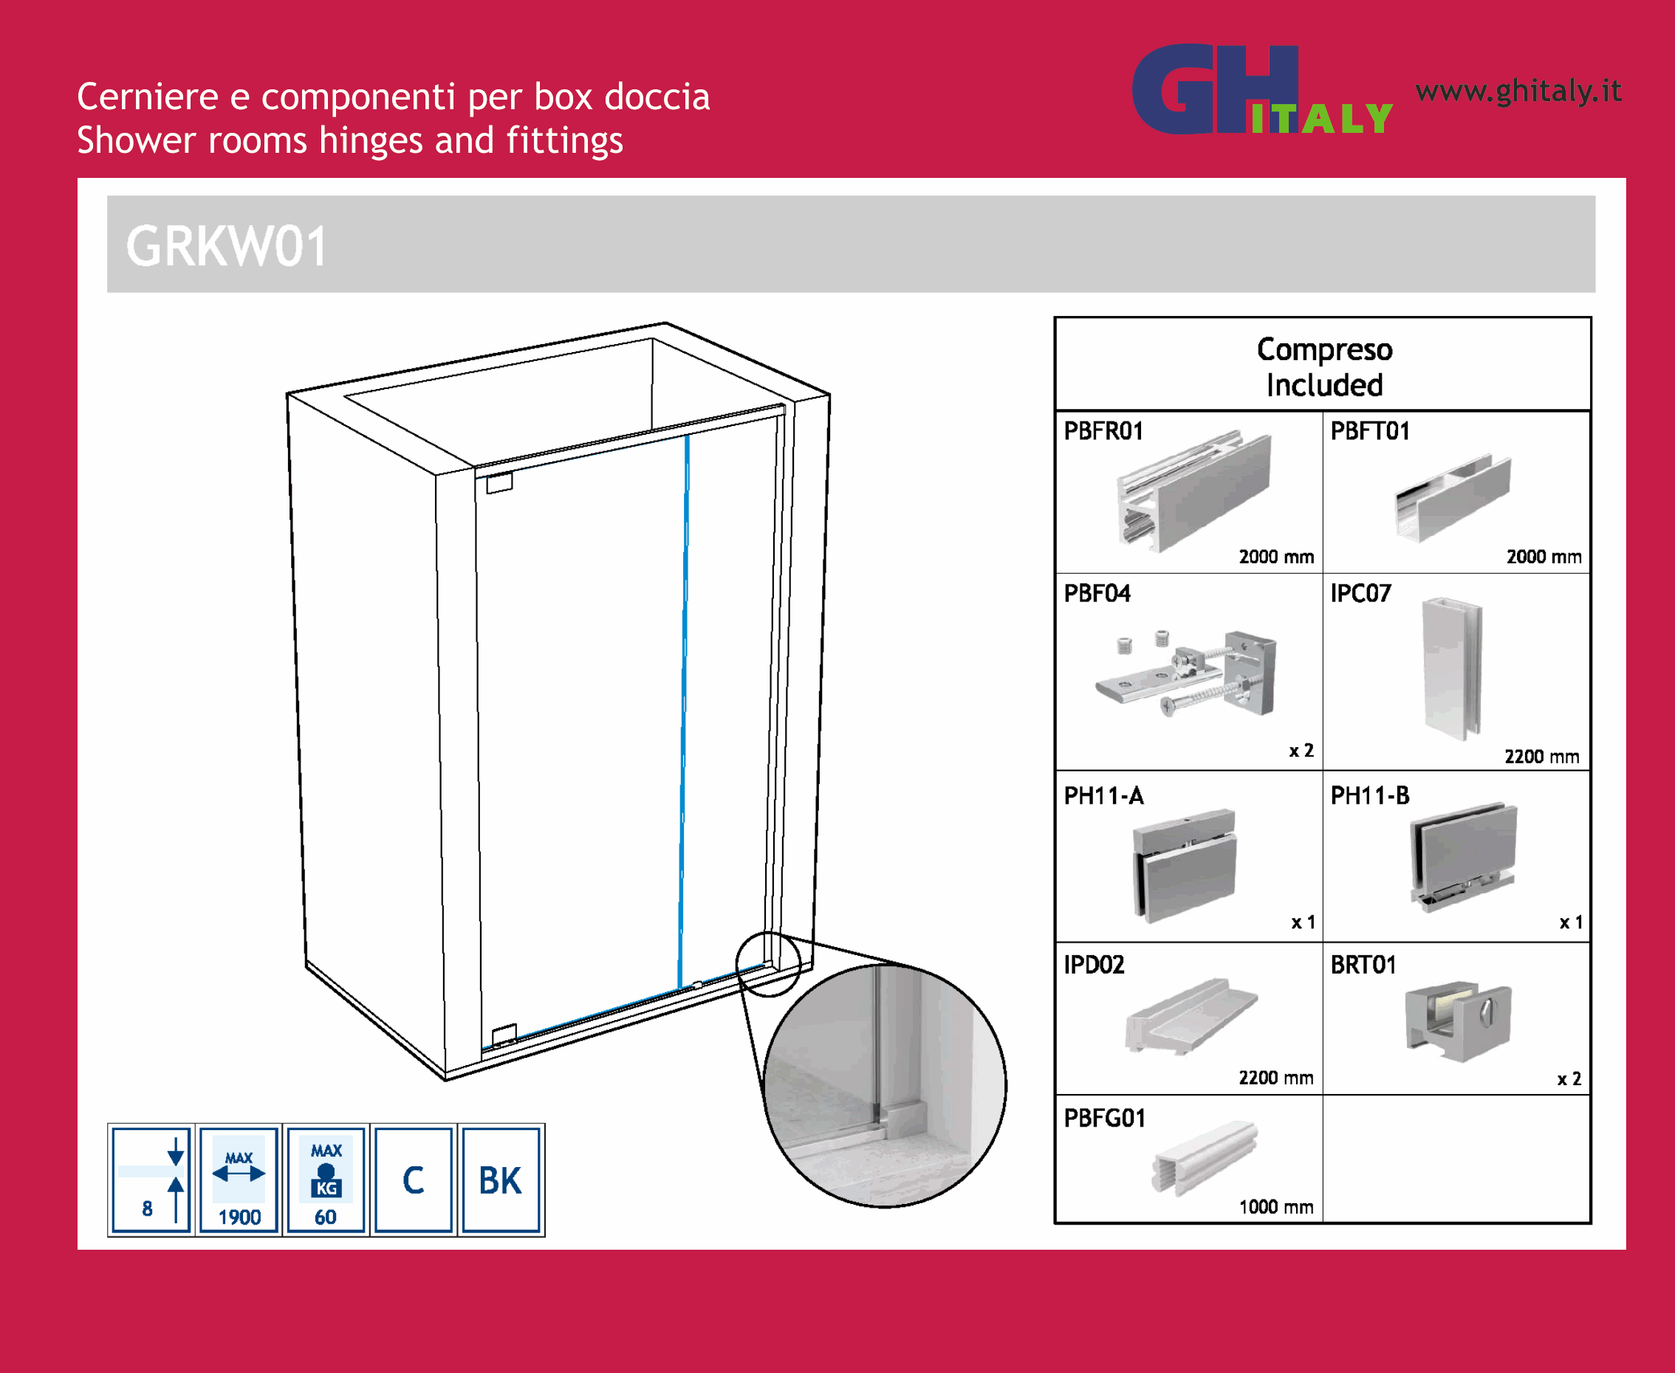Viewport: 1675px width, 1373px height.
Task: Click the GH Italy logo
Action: [x=1262, y=89]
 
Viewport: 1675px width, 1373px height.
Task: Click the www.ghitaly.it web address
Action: [x=1518, y=91]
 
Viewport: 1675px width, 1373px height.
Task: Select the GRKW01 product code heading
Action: [x=226, y=246]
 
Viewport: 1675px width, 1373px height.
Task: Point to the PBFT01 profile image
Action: [x=1452, y=498]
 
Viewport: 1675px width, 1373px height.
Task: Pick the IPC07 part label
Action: [x=1360, y=593]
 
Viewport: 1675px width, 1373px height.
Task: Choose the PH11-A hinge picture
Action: [x=1185, y=865]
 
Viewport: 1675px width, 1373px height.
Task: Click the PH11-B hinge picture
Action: [x=1463, y=856]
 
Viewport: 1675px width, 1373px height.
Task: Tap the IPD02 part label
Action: [x=1094, y=965]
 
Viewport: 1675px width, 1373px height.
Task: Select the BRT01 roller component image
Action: [x=1458, y=1022]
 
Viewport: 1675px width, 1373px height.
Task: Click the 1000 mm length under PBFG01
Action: [x=1276, y=1207]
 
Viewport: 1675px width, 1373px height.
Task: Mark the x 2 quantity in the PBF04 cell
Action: [x=1301, y=751]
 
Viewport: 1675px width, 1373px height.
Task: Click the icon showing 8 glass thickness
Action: [x=151, y=1180]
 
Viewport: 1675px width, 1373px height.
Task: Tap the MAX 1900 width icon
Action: [x=239, y=1180]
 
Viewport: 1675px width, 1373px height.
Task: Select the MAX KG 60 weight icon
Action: [x=326, y=1180]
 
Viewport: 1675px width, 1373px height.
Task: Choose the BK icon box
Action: [x=501, y=1180]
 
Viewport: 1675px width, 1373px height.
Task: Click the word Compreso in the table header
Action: [x=1324, y=350]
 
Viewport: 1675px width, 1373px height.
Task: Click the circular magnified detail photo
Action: [x=885, y=1085]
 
